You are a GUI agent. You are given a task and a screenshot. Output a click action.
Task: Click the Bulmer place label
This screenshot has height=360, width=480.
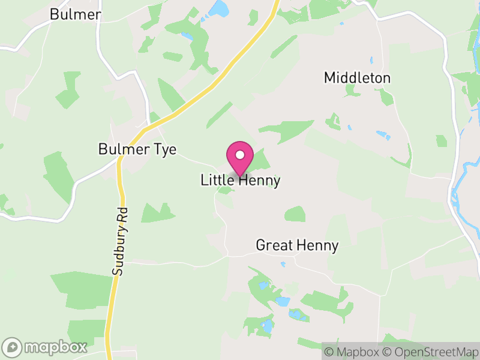[x=75, y=14]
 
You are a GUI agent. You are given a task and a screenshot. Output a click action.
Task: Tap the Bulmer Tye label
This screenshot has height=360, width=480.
[x=137, y=149]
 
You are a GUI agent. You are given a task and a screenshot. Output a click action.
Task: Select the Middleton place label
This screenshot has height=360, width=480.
[x=357, y=78]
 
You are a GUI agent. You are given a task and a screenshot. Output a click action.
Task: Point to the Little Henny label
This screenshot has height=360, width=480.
[x=240, y=181]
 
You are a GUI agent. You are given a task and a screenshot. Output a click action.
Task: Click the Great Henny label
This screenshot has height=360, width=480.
[x=297, y=245]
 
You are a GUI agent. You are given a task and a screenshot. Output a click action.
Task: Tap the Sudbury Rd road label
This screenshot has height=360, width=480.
[x=121, y=241]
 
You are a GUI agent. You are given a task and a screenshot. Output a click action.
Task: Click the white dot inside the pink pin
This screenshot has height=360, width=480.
[x=240, y=155]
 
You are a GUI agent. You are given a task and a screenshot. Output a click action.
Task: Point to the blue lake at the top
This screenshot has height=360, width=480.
[x=220, y=8]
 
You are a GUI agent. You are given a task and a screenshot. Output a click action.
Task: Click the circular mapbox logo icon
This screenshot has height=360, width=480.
[x=13, y=347]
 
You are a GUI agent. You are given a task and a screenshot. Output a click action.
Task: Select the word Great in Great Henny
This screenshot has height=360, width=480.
[x=274, y=245]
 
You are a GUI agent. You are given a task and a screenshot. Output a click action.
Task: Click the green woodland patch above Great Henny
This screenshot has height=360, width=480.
[x=295, y=214]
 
